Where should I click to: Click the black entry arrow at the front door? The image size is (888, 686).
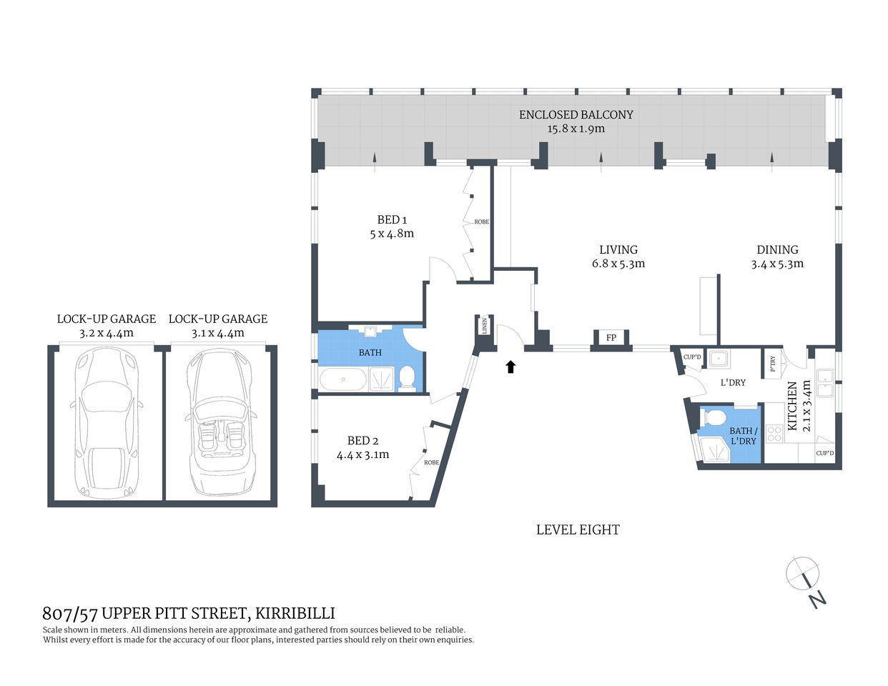[x=510, y=367]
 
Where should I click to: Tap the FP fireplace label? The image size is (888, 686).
[x=611, y=338]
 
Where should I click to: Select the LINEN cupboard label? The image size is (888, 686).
[x=485, y=326]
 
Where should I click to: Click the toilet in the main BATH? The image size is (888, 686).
[x=406, y=378]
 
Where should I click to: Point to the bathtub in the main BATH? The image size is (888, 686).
[x=342, y=379]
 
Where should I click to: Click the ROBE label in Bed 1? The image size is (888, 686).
[x=481, y=222]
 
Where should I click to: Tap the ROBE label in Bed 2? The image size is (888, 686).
[x=431, y=463]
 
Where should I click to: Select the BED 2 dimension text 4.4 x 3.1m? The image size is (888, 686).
[x=362, y=454]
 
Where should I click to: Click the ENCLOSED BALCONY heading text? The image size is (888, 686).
[x=576, y=114]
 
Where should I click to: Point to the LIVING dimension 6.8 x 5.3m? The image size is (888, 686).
[x=618, y=264]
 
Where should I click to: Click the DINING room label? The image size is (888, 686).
[x=777, y=249]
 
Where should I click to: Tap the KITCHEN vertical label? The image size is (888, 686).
[x=792, y=405]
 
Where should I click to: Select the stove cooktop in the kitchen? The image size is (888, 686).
[x=774, y=433]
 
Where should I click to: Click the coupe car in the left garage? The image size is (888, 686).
[x=106, y=422]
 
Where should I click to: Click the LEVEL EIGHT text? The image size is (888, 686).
[x=578, y=530]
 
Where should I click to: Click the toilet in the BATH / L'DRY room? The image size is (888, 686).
[x=716, y=417]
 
